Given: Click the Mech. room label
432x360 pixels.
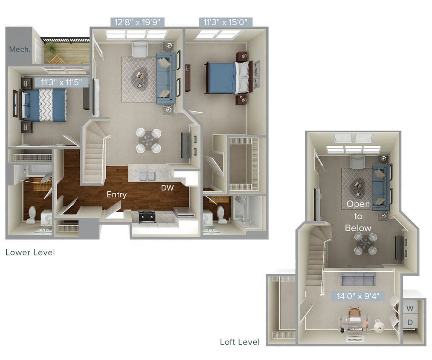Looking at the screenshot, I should [20, 49].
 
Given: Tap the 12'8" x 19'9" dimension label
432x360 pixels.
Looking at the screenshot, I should [137, 22].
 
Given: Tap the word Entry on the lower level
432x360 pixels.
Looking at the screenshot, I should [116, 195].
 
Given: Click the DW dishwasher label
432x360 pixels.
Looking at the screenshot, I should [167, 188].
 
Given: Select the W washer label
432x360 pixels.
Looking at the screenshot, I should [409, 308].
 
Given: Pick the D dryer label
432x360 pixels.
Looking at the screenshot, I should [409, 322].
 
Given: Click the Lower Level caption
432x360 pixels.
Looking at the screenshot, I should [30, 253].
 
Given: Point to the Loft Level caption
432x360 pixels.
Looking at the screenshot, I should [240, 342].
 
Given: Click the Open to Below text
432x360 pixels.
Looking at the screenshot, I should [358, 216].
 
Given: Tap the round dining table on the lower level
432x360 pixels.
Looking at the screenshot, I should [149, 140].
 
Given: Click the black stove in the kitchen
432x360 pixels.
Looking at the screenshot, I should [147, 217].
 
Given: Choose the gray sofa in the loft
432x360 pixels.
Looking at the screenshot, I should [357, 280].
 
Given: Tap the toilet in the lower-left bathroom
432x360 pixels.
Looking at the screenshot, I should [31, 215].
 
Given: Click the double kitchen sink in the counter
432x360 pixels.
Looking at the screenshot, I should [148, 176].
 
